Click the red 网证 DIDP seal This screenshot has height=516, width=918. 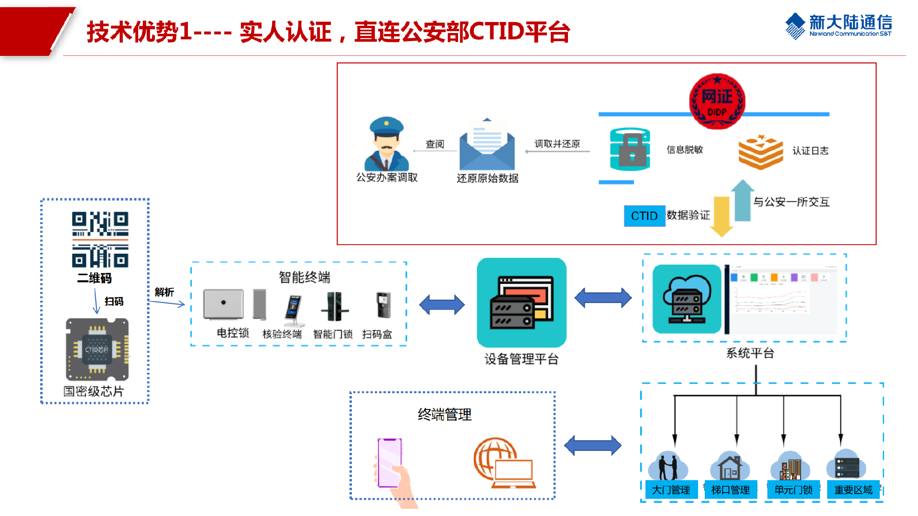tap(717, 101)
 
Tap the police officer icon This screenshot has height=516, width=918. tap(387, 143)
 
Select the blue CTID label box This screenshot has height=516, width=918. tap(644, 216)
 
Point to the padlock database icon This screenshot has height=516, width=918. tap(630, 149)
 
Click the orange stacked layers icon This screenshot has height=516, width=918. tap(760, 152)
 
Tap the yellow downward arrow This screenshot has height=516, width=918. tap(721, 216)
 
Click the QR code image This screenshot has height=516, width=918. tap(100, 239)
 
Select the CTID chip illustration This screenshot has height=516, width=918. tap(98, 349)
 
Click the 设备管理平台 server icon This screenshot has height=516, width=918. tap(522, 302)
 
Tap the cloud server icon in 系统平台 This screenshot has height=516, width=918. tap(687, 299)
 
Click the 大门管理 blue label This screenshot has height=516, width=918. tap(671, 490)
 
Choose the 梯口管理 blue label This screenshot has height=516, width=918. tap(731, 490)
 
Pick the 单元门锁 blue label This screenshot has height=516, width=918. tap(793, 490)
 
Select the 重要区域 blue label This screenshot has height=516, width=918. tap(853, 490)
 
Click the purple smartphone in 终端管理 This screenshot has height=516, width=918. tap(390, 462)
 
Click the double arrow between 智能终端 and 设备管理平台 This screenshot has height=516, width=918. tap(442, 304)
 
